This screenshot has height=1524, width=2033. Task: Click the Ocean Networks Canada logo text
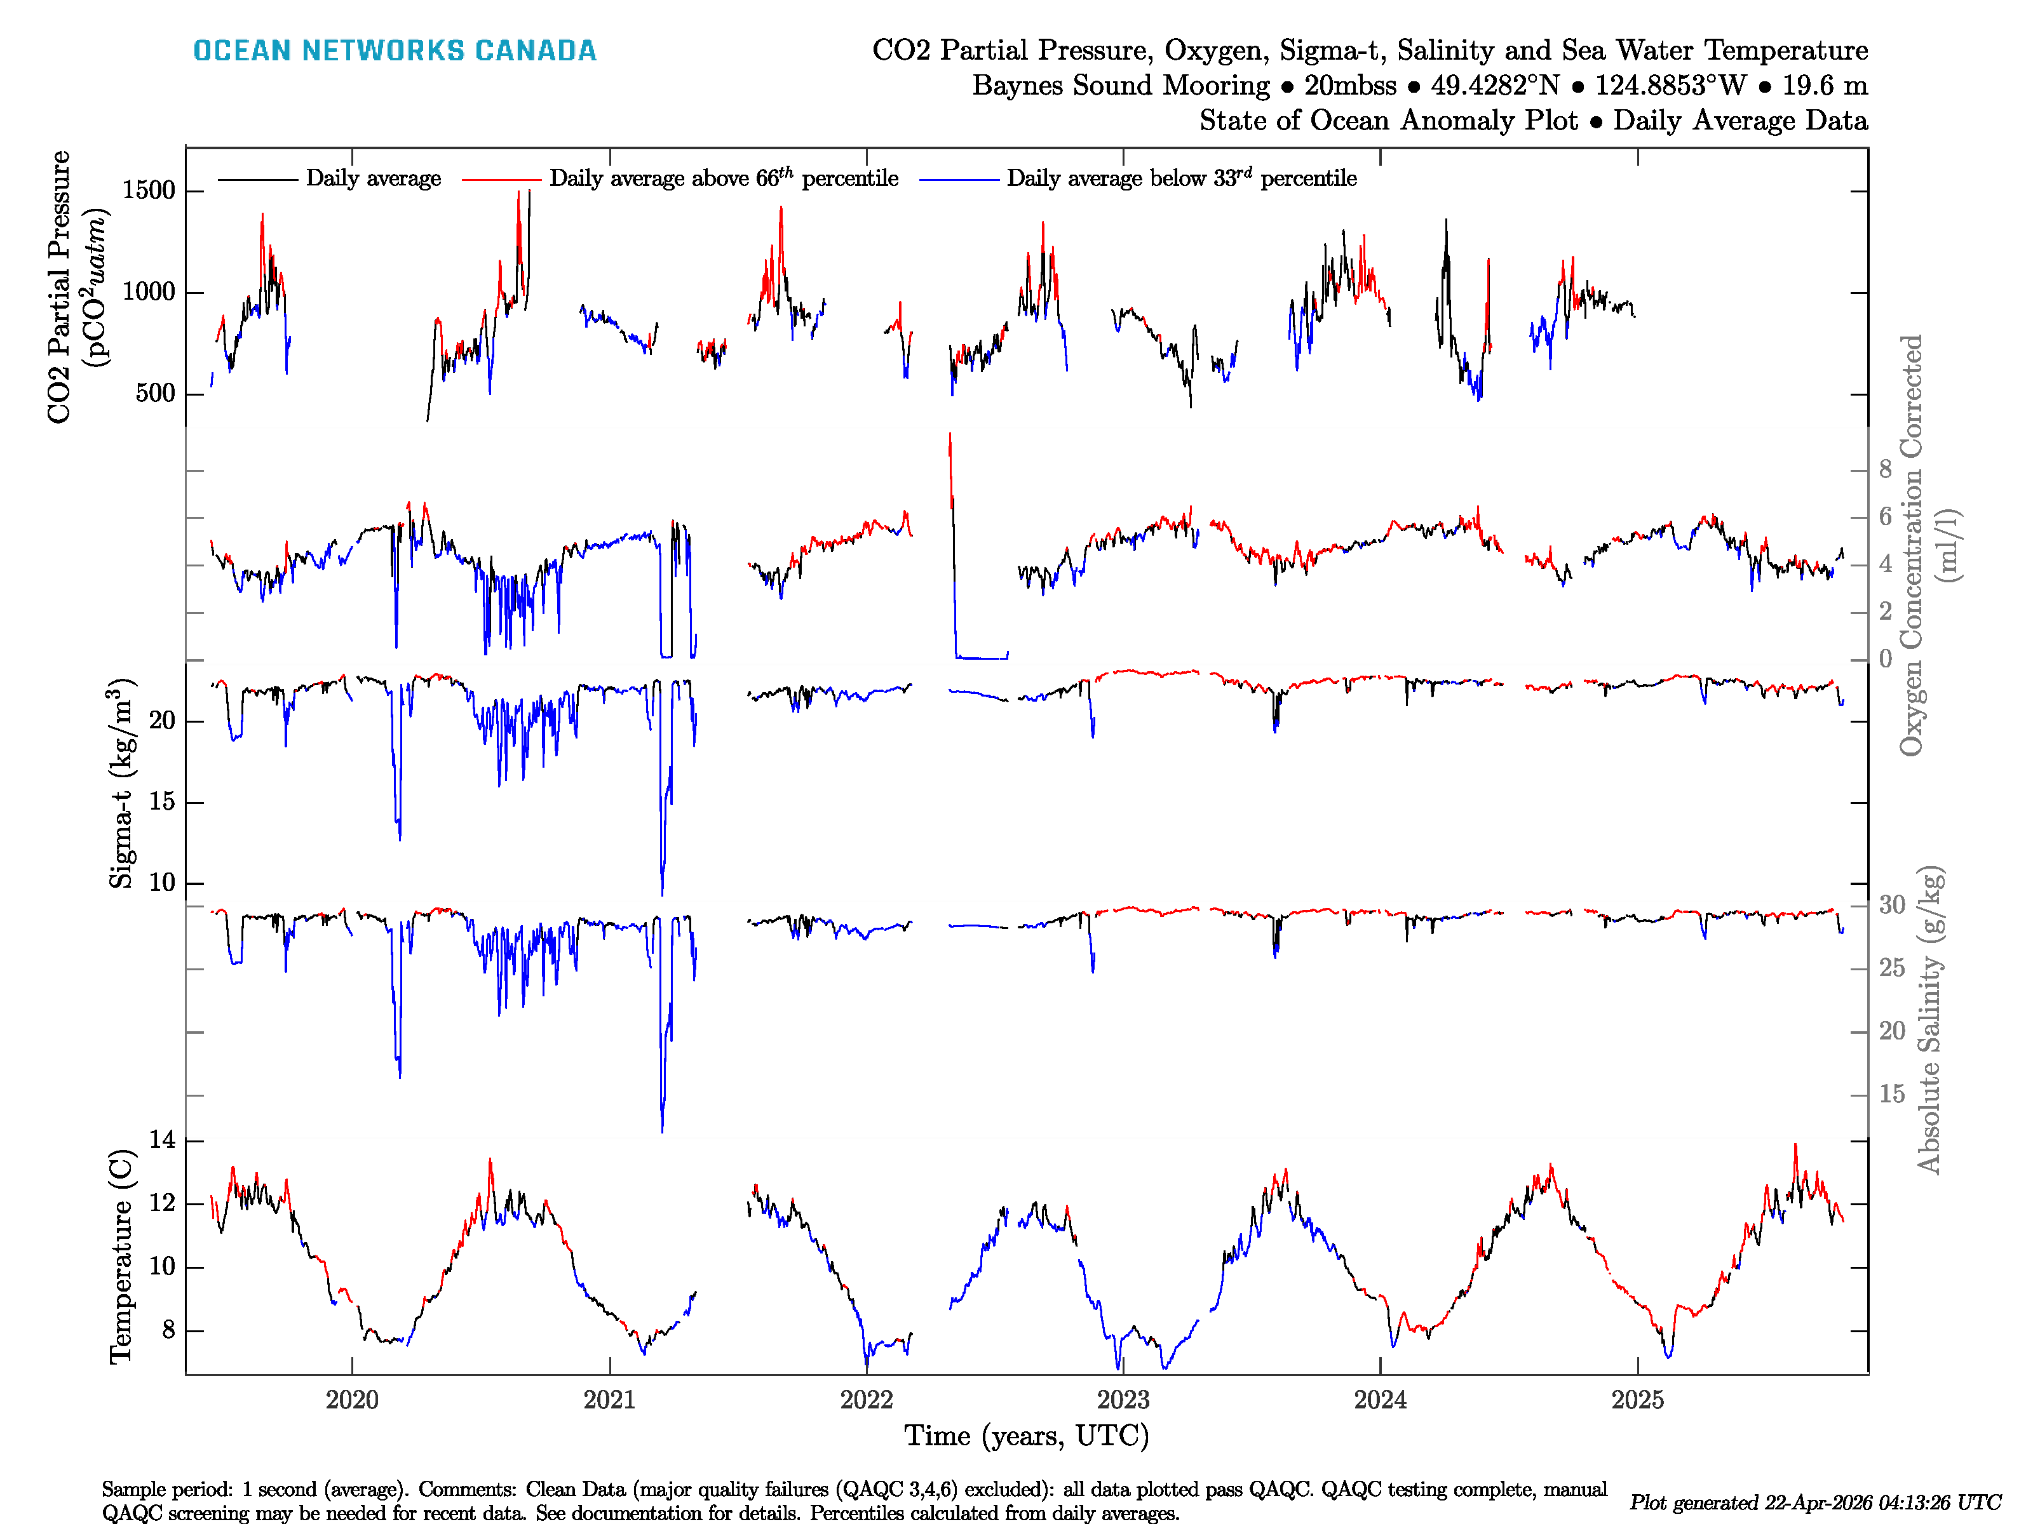[395, 51]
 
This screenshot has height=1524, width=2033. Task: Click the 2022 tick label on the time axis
[866, 1400]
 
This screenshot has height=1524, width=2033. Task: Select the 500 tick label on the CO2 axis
[154, 393]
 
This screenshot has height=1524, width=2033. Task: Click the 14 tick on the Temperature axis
[162, 1140]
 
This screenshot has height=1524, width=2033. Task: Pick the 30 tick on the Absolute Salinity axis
[1891, 905]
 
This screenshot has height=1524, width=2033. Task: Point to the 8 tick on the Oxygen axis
[1885, 469]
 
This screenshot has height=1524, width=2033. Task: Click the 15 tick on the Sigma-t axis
[162, 802]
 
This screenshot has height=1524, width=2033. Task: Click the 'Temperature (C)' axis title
[121, 1256]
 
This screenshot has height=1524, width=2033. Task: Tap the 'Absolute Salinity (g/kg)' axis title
[1929, 1020]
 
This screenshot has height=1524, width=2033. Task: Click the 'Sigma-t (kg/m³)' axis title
[121, 784]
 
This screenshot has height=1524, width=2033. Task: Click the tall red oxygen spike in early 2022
[950, 450]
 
